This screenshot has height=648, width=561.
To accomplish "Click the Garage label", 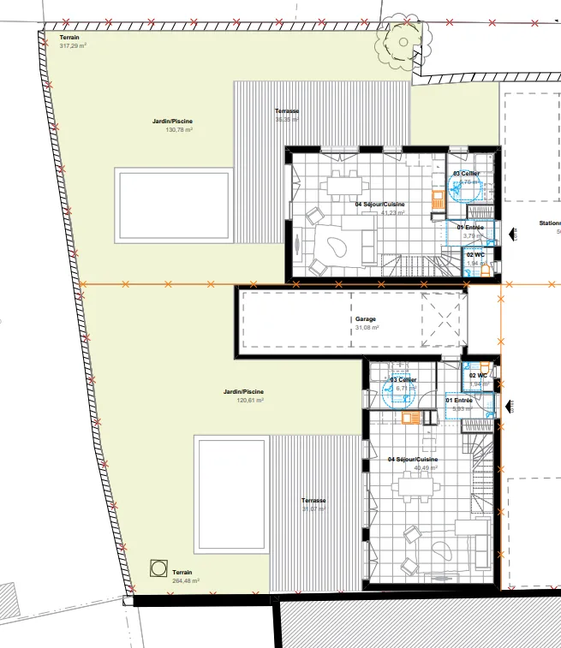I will [366, 319].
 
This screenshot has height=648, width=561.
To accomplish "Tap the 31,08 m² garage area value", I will [367, 327].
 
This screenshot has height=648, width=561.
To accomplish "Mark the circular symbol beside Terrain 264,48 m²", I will [158, 567].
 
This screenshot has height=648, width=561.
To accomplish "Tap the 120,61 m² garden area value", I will [250, 400].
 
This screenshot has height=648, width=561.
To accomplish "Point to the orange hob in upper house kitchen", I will [438, 199].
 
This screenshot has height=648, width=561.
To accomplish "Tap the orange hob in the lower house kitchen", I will [410, 418].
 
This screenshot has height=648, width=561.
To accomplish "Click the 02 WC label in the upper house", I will [475, 254].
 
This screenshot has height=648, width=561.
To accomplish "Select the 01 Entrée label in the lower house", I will [459, 400].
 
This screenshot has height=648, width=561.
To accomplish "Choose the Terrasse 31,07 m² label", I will [314, 505].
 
